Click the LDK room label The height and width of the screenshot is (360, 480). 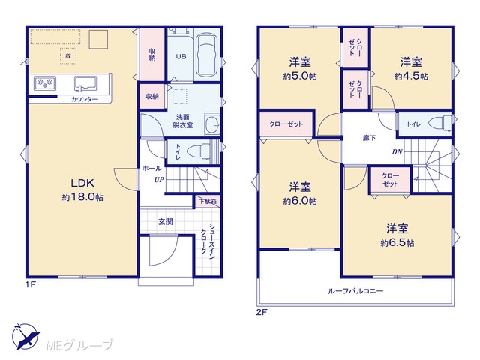82,183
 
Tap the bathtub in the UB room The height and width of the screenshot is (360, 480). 207,55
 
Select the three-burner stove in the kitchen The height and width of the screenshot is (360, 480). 45,83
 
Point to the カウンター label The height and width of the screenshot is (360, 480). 84,99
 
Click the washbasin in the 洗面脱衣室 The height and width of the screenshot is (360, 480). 211,124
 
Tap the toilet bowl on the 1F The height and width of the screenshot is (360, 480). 198,151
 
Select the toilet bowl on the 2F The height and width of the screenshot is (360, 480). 440,123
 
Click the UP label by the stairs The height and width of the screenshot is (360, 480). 159,180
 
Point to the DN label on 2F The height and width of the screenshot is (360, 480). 397,151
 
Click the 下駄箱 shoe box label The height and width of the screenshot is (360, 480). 208,202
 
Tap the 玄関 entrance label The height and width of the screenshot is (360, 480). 166,222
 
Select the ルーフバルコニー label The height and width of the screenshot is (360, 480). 355,290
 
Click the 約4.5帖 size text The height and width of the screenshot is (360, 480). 411,76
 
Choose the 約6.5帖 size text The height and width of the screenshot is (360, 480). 397,243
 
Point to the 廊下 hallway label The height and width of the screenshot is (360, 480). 369,138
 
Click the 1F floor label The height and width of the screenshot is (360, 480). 31,284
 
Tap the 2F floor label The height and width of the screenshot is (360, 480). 262,312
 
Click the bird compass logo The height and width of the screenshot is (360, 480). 25,337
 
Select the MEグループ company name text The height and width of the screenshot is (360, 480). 79,345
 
